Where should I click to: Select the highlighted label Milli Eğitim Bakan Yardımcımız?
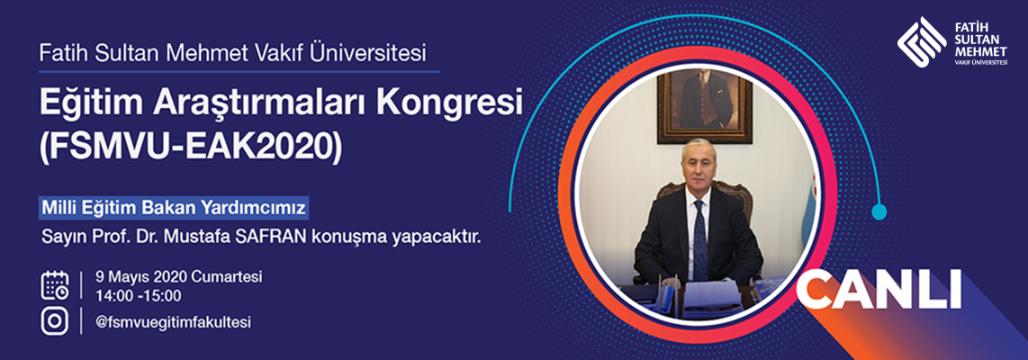[174, 208]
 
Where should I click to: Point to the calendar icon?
[55, 285]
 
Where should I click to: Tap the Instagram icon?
[55, 322]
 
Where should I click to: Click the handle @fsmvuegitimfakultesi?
[173, 322]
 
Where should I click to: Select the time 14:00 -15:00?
[138, 295]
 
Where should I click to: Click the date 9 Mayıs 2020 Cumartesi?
[178, 276]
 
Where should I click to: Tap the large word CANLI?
[879, 289]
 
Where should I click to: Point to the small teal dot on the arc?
[879, 211]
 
